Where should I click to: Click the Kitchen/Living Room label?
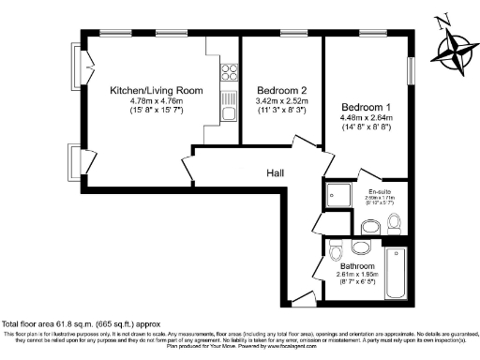(157, 90)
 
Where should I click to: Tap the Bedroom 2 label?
(282, 90)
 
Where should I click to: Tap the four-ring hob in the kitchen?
(227, 69)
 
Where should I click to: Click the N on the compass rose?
(444, 19)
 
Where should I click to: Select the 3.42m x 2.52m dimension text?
(282, 101)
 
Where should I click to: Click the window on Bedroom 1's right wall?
(410, 71)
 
